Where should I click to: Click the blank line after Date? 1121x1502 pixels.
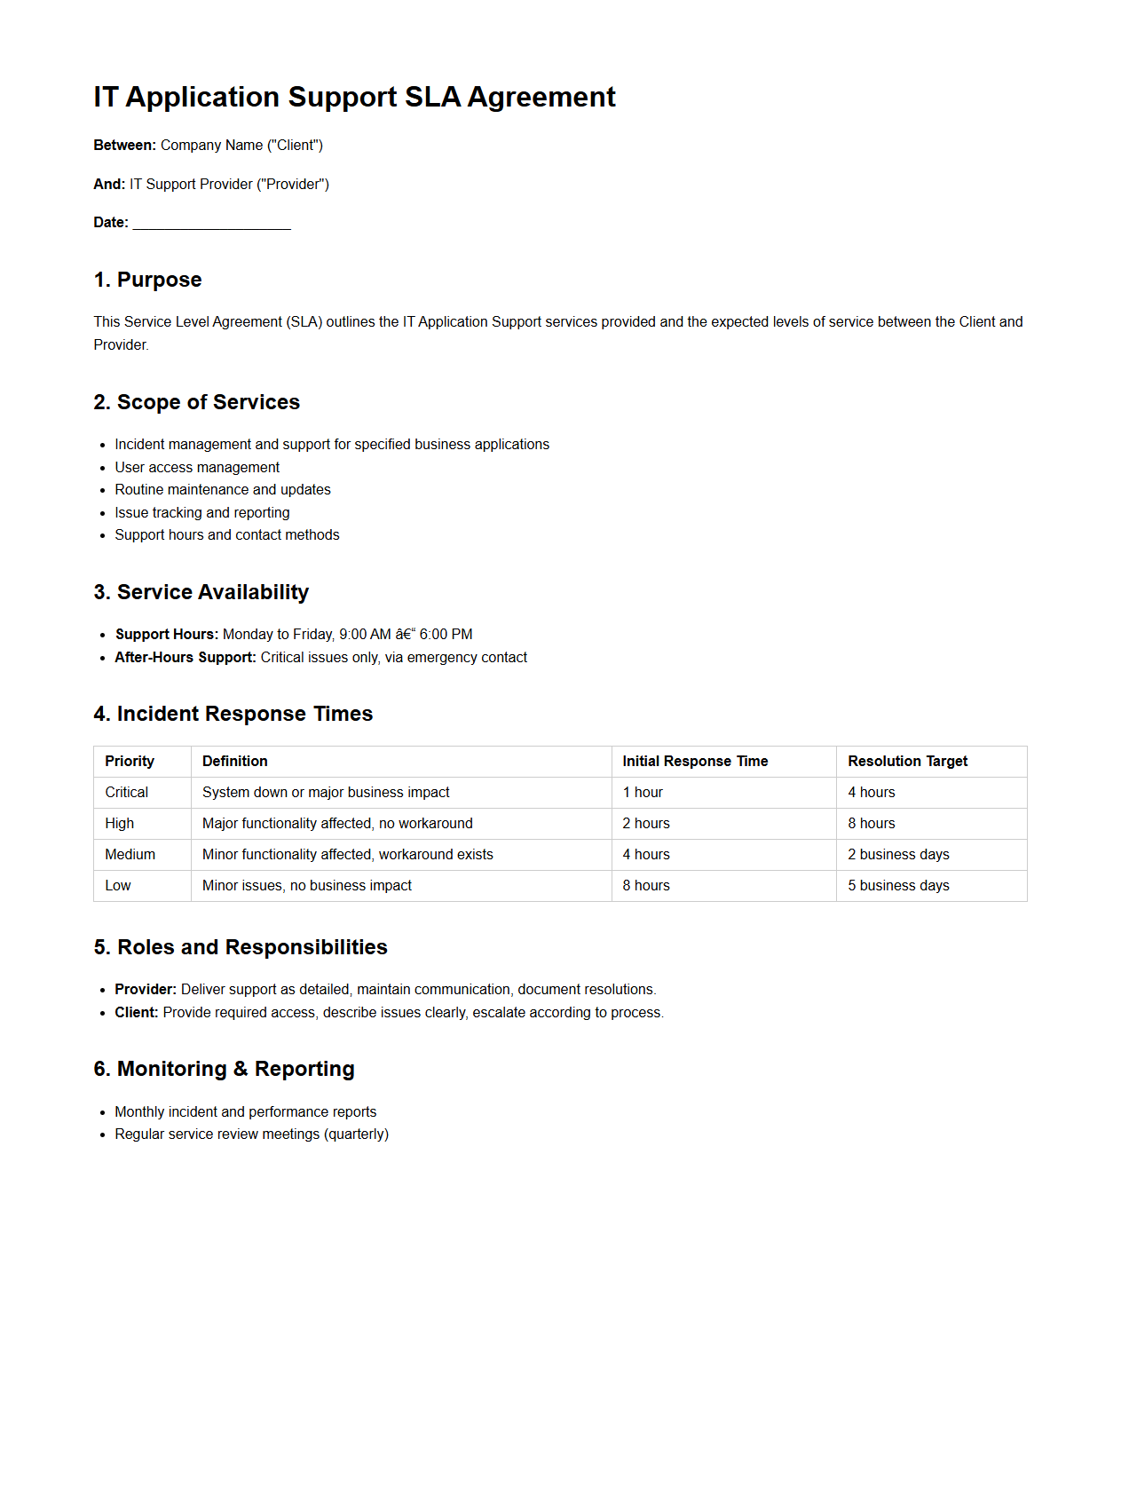211,223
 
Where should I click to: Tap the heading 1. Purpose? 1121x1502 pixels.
147,280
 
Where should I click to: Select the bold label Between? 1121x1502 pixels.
124,145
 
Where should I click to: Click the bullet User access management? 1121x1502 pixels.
197,467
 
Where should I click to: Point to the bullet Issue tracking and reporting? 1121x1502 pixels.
201,512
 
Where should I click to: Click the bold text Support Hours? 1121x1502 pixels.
166,634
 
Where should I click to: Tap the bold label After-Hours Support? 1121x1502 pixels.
185,657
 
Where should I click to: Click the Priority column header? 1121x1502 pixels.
130,761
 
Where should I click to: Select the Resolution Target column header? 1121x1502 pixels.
907,761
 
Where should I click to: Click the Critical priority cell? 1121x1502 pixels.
126,792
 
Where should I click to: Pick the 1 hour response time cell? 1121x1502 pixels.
643,792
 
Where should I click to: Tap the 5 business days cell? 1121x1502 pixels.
898,885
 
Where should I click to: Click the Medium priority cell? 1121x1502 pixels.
130,854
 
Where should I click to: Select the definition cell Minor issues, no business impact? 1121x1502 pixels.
306,885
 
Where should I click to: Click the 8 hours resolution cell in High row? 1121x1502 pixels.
871,823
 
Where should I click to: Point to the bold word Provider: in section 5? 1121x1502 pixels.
146,989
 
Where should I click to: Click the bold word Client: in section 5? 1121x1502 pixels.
137,1012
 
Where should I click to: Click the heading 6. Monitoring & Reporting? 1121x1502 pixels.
224,1069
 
